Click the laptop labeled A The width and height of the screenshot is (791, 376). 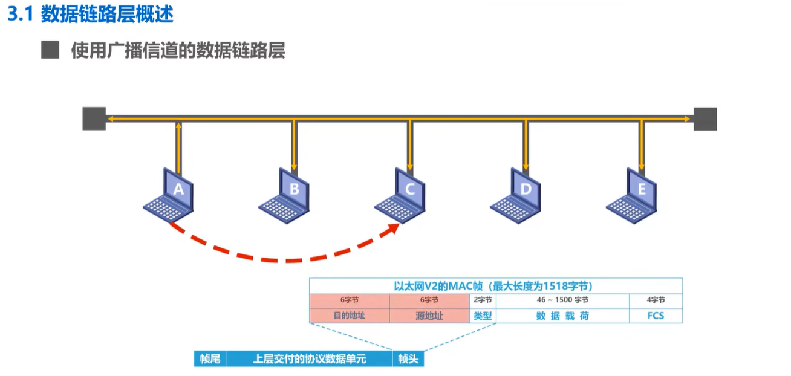click(x=170, y=195)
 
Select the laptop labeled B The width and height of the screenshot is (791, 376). click(x=286, y=195)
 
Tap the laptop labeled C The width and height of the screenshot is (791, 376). click(x=402, y=195)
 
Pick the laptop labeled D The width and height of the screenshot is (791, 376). click(x=518, y=195)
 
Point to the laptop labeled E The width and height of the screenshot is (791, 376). click(x=634, y=195)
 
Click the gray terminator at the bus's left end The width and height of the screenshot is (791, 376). click(x=94, y=119)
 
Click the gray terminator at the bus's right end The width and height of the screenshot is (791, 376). click(x=705, y=119)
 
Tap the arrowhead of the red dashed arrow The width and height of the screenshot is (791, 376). click(x=394, y=229)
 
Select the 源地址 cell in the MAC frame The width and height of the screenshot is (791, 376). click(x=429, y=316)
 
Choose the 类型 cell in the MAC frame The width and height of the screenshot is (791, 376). click(x=483, y=316)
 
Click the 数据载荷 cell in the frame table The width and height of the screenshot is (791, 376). click(x=562, y=316)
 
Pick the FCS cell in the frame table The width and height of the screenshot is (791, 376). click(x=656, y=316)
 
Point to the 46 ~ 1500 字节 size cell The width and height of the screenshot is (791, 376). click(x=562, y=300)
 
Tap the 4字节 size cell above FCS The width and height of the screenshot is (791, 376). click(x=656, y=300)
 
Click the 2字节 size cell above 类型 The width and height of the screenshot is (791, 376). click(x=483, y=300)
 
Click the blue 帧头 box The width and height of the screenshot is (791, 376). click(x=409, y=358)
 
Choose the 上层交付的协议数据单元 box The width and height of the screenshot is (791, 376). click(x=310, y=358)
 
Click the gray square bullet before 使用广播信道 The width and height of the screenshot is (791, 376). click(x=50, y=50)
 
